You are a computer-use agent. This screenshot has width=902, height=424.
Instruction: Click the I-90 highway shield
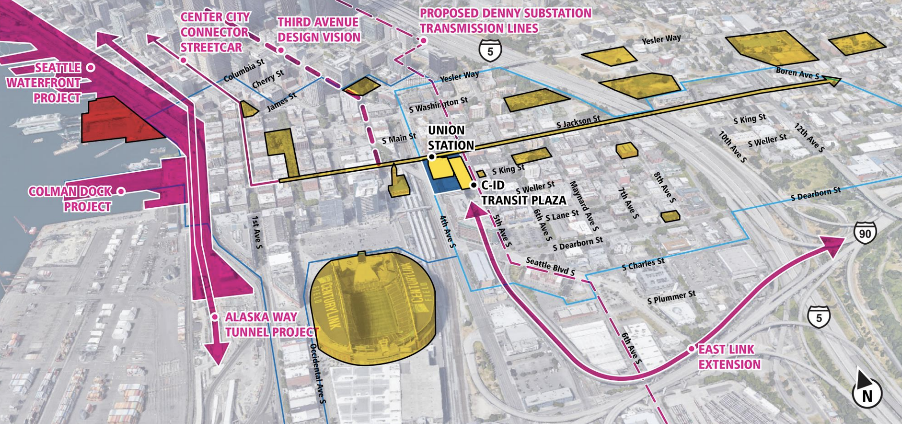(x=864, y=233)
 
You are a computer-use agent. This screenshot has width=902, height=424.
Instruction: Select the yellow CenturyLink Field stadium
(x=373, y=308)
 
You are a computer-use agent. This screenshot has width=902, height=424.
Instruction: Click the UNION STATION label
(x=451, y=138)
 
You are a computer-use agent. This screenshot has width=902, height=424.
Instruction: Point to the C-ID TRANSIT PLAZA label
(x=522, y=193)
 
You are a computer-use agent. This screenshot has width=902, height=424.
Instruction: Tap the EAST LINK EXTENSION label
(x=729, y=357)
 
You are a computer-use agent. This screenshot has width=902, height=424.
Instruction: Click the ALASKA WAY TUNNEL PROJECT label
(x=268, y=324)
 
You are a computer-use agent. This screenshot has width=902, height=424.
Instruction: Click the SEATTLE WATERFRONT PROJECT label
(x=45, y=83)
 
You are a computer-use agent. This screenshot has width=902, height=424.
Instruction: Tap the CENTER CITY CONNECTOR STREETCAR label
(x=215, y=32)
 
